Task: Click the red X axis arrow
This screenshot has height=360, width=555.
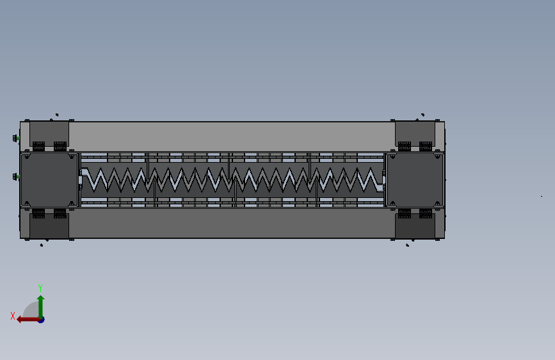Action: (x=28, y=320)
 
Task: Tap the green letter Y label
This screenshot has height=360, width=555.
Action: (x=40, y=288)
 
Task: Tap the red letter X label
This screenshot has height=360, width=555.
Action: (x=13, y=316)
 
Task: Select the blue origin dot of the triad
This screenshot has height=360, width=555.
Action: (x=42, y=320)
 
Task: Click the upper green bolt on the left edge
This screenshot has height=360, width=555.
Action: (x=16, y=138)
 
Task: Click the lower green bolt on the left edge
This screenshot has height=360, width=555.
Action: (x=16, y=176)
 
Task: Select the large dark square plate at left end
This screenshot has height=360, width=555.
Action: (x=49, y=179)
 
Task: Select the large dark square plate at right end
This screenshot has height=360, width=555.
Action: (x=415, y=179)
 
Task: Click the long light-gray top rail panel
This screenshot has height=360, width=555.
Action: (x=232, y=136)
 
